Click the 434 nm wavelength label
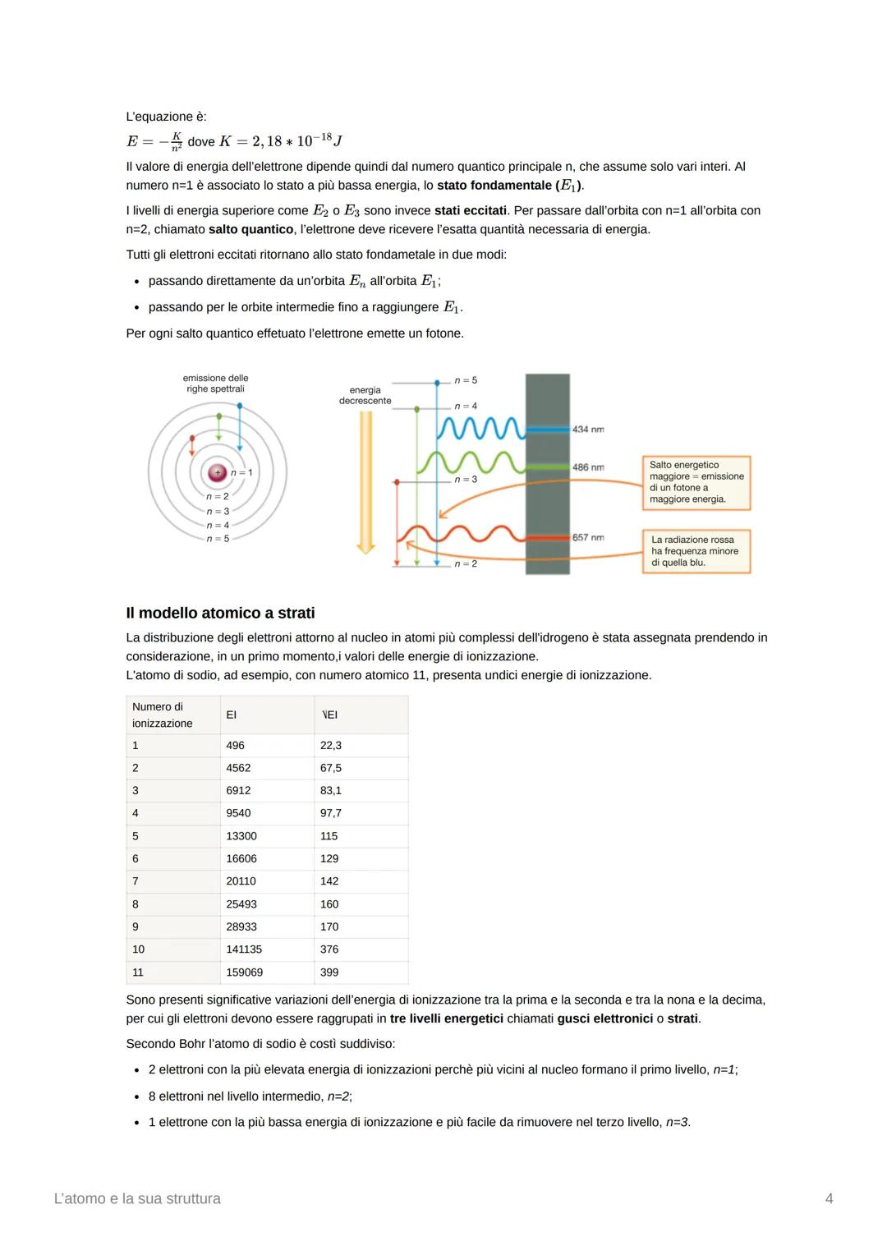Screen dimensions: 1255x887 click(x=588, y=430)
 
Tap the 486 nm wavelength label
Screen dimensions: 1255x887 click(x=588, y=467)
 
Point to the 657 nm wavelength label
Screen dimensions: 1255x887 click(x=588, y=538)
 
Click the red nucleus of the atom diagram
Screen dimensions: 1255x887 click(x=217, y=472)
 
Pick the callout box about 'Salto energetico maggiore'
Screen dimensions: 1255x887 click(x=696, y=482)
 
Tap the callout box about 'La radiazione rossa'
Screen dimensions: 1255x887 click(x=696, y=551)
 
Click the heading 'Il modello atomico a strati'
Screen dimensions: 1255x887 click(x=220, y=613)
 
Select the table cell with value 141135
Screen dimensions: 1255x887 click(x=244, y=949)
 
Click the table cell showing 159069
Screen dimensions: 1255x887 click(x=244, y=972)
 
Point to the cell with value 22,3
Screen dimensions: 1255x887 click(x=331, y=746)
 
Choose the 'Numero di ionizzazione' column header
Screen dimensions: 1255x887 click(x=163, y=715)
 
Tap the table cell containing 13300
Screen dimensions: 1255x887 click(x=241, y=836)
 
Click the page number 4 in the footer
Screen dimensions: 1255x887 click(x=829, y=1199)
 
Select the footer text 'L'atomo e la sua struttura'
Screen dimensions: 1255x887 click(x=137, y=1199)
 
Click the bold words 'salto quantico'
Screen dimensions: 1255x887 click(x=250, y=229)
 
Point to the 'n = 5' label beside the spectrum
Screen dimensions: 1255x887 click(x=466, y=380)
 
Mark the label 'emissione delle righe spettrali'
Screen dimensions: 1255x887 click(x=215, y=384)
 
